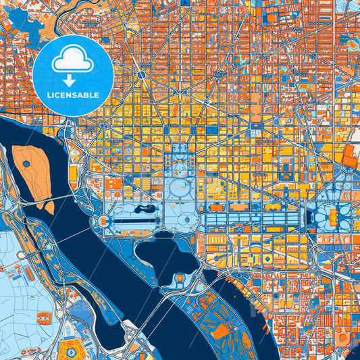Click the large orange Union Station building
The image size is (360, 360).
[351, 156]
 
